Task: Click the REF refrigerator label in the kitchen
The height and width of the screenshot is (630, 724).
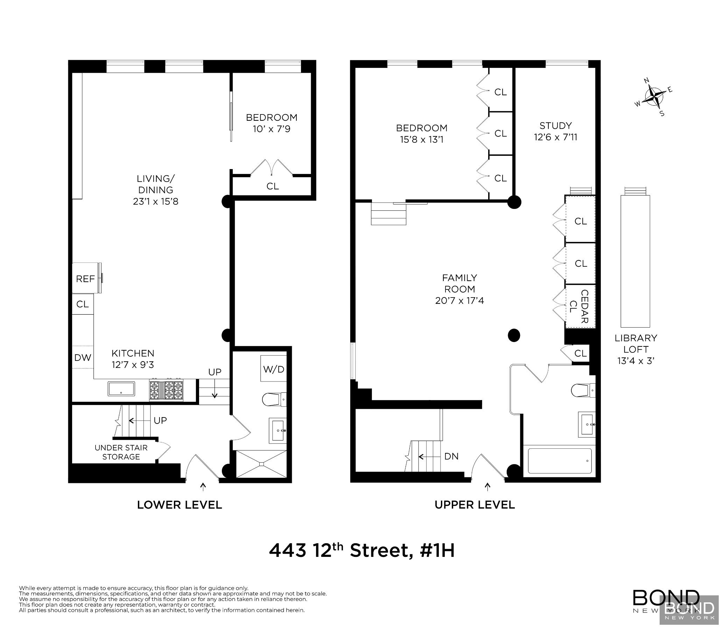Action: tap(85, 279)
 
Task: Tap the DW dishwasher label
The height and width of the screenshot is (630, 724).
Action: tap(83, 358)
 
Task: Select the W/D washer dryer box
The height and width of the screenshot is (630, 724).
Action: tap(273, 369)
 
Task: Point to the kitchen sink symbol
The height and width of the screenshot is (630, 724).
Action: tap(121, 388)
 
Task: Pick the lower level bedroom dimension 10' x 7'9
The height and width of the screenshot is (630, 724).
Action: tap(271, 129)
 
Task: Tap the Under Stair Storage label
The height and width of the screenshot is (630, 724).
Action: tap(121, 452)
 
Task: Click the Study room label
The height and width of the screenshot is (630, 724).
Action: tap(556, 126)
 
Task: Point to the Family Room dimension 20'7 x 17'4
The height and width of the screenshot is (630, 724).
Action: tap(459, 301)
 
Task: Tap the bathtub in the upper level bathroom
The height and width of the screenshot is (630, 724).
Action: tap(560, 461)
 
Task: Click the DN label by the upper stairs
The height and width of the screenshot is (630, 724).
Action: tap(451, 456)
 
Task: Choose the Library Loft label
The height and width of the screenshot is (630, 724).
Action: tap(636, 343)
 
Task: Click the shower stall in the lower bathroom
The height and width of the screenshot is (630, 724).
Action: tap(261, 464)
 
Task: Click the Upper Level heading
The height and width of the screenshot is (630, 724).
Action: tap(475, 505)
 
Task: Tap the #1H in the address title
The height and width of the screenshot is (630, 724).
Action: tap(437, 551)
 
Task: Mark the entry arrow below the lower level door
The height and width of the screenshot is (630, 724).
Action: tap(203, 486)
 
